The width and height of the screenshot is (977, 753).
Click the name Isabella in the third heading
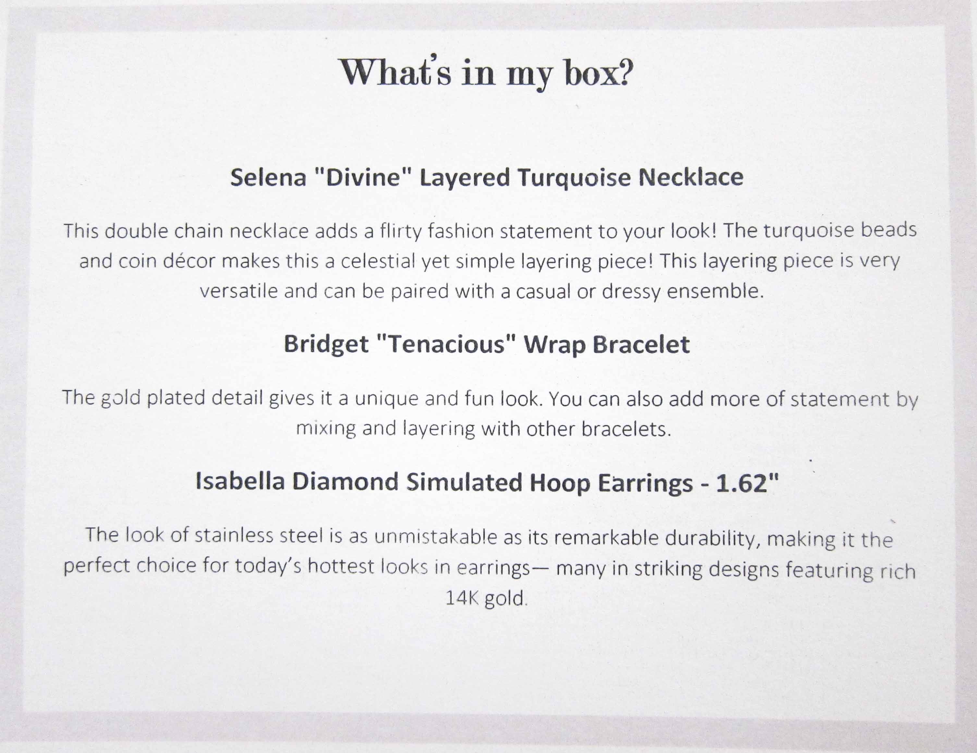tap(240, 481)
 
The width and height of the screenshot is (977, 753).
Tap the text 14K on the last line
tap(463, 598)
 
